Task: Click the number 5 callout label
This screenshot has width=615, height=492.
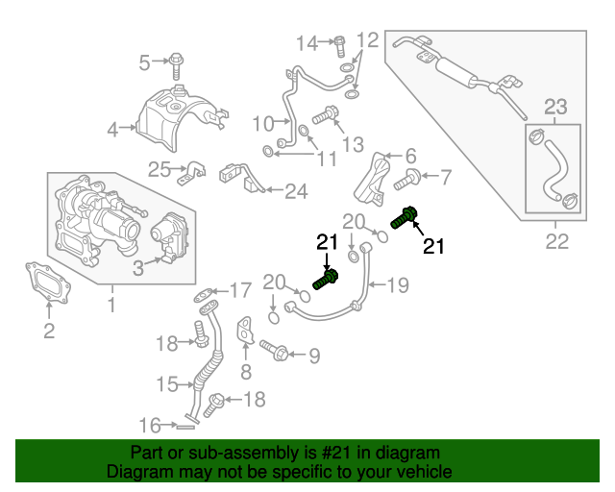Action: (145, 62)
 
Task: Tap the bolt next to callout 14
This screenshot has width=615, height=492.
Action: (339, 46)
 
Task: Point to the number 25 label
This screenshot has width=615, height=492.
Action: (160, 169)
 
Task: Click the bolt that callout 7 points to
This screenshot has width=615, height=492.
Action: (406, 179)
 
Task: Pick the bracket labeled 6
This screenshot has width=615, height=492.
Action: (373, 180)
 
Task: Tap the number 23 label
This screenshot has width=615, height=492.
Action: (555, 107)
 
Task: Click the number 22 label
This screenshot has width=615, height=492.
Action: (557, 241)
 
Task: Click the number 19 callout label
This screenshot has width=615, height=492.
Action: (398, 285)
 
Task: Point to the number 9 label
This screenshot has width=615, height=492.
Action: (314, 356)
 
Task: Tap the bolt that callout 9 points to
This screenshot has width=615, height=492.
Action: (274, 350)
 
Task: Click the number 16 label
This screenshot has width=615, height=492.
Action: (150, 426)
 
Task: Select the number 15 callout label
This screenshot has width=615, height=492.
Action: (167, 384)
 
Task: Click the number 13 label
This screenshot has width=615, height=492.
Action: (353, 144)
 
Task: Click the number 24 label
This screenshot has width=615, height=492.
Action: (296, 191)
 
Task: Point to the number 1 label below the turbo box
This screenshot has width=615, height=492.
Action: (112, 305)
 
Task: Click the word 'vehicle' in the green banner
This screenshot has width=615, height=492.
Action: (425, 471)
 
